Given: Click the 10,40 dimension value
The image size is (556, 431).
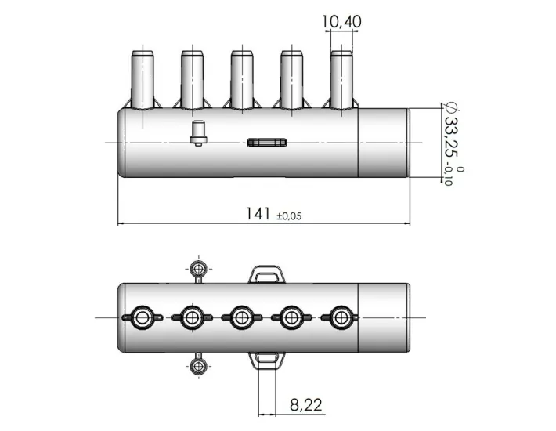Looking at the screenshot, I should click(x=341, y=23).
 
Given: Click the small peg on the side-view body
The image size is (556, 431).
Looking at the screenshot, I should click(x=199, y=132).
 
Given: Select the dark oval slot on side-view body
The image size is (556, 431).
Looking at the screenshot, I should click(x=267, y=143).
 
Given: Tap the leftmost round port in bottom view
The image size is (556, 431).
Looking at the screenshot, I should click(x=143, y=317).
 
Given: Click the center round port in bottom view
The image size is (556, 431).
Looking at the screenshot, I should click(x=241, y=317).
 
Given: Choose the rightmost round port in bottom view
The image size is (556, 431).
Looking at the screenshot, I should click(x=340, y=317).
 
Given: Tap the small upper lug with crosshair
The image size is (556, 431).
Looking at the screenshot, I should click(x=200, y=269).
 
